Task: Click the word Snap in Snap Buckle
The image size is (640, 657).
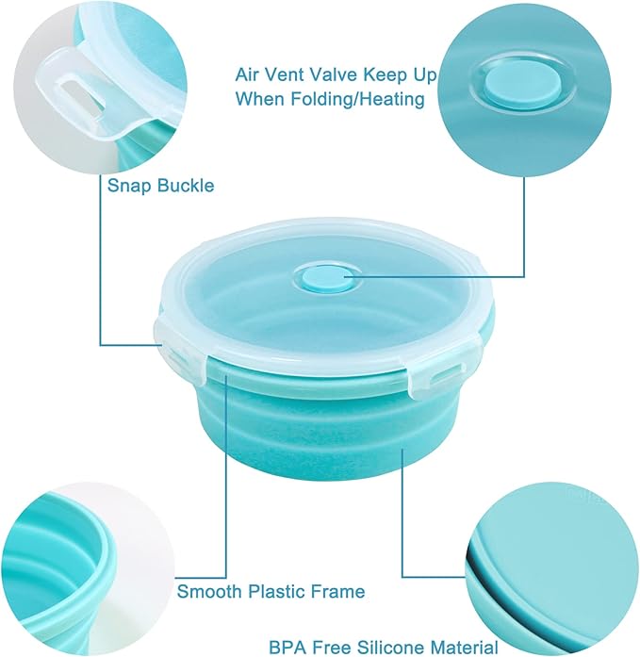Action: coord(127,186)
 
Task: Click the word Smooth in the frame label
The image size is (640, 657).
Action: coord(207,592)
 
